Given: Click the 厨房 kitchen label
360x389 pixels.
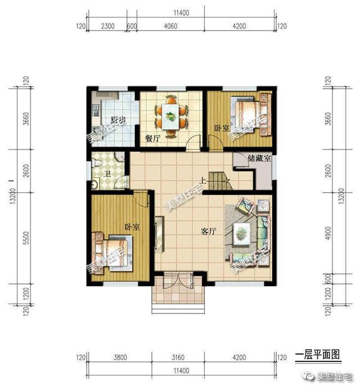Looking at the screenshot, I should [118, 120].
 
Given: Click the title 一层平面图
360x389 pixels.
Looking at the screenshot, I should [318, 354].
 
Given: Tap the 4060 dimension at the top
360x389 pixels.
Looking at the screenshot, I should [169, 25].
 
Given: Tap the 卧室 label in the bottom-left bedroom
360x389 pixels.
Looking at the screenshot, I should [132, 227].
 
